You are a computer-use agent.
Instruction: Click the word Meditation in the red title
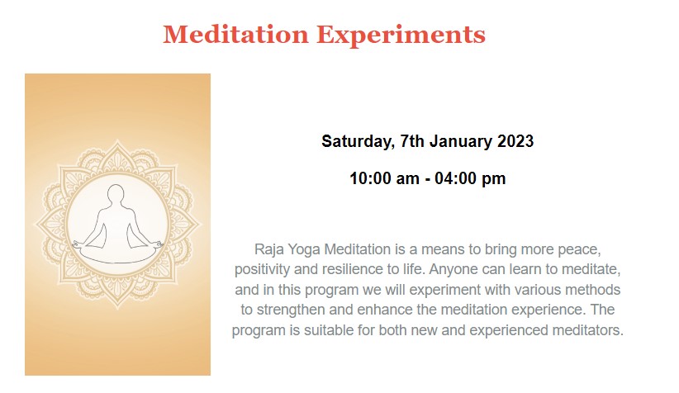point(235,34)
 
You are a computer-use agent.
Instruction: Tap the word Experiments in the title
point(401,35)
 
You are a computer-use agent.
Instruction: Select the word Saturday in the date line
point(358,142)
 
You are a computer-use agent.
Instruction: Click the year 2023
point(515,141)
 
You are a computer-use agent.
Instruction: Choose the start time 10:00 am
point(385,178)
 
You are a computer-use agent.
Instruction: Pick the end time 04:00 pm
point(470,178)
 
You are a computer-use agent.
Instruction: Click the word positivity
point(263,269)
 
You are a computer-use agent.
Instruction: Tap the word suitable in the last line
point(329,330)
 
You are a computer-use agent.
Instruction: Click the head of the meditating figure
point(116,193)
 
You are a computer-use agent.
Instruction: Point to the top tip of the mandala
point(117,140)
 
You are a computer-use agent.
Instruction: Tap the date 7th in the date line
point(412,141)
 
